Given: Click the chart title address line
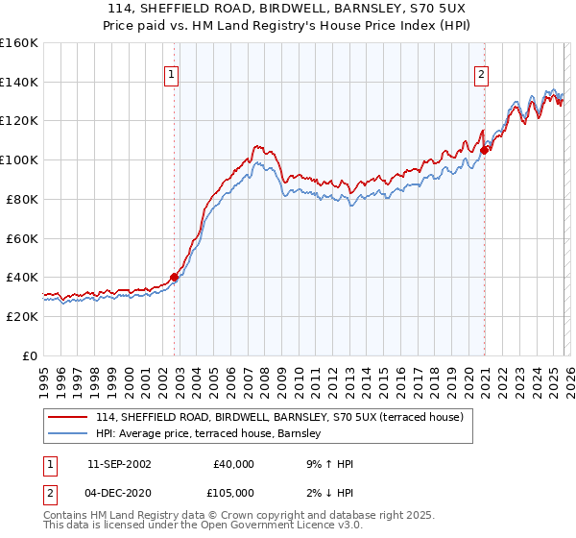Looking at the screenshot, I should (288, 10).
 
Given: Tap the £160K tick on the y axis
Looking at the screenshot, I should (19, 43).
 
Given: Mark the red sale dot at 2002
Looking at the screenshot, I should (174, 277).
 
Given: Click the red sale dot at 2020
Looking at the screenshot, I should (485, 149).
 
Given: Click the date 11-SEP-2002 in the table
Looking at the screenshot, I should (119, 464).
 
